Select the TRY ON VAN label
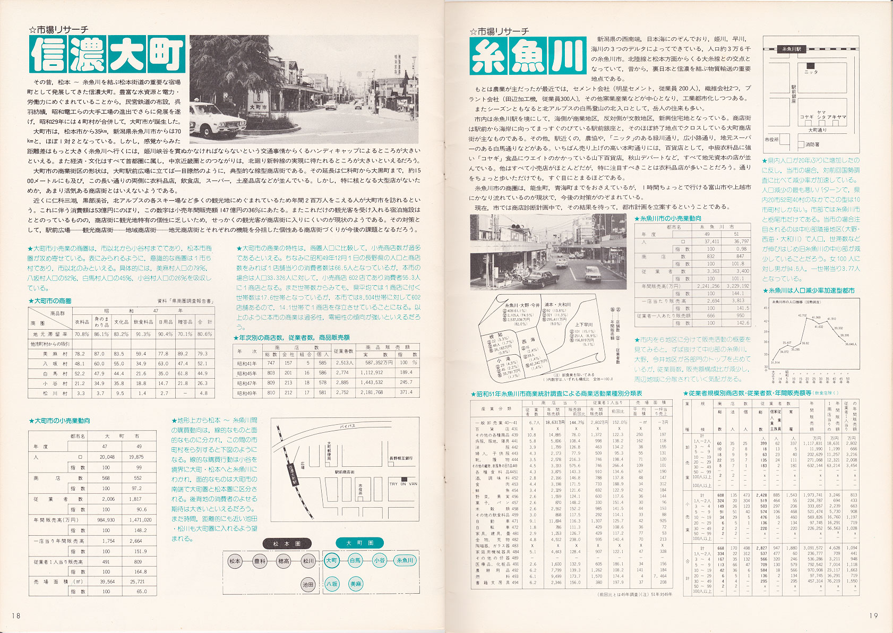click(403, 483)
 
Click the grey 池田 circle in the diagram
click(308, 584)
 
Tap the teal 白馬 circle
click(355, 560)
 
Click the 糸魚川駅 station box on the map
click(791, 49)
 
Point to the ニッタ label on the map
click(811, 72)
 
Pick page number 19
click(873, 615)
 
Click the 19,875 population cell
click(135, 457)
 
